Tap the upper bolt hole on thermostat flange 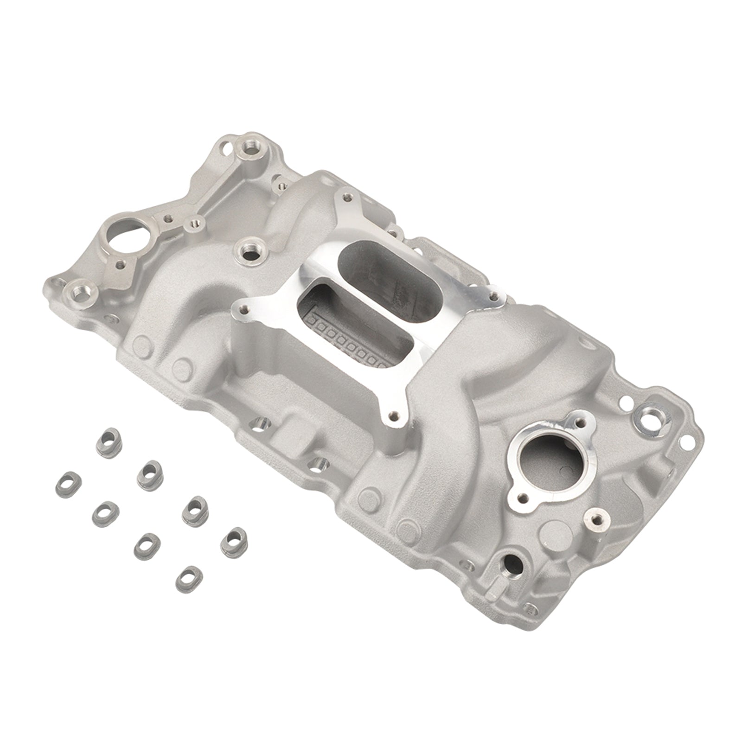580,422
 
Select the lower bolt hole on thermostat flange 524,498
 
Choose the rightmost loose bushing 233,539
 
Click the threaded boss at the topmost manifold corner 246,149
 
